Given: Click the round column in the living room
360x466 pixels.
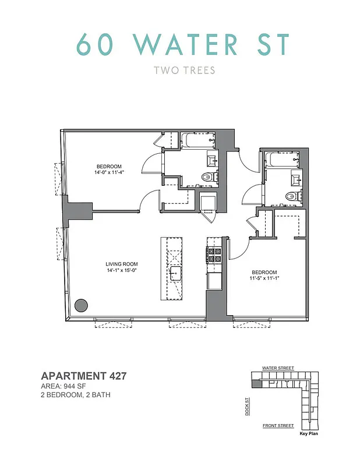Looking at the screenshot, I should click(x=82, y=305).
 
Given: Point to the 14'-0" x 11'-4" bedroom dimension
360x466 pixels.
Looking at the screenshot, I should click(x=110, y=172).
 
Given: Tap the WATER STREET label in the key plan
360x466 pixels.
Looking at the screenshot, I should click(x=278, y=368).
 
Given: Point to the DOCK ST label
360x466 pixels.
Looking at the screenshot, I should click(x=247, y=405).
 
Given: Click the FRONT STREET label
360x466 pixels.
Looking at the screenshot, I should click(x=278, y=426).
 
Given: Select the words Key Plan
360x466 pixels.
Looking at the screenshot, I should click(x=309, y=434).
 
